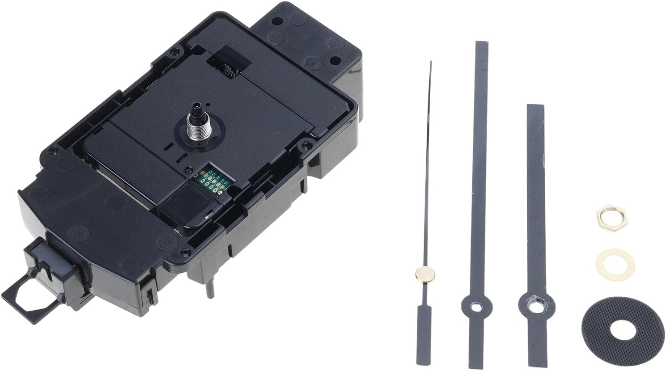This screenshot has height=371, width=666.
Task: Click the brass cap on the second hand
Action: click(425, 274)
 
